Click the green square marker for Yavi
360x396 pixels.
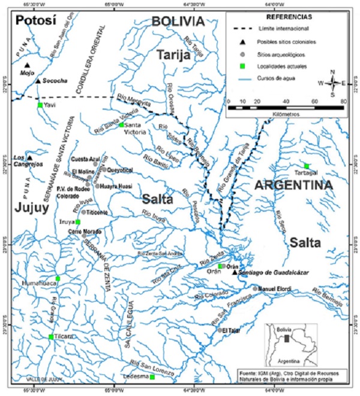click(x=40, y=105)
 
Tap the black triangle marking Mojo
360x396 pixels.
click(x=27, y=66)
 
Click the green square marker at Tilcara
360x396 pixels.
click(x=51, y=337)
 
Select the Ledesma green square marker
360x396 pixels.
click(x=152, y=377)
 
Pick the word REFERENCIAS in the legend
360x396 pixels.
click(x=286, y=19)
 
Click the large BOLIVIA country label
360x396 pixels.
click(x=178, y=21)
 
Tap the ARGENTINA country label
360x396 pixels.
click(x=293, y=186)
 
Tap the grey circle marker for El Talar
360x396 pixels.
click(x=220, y=329)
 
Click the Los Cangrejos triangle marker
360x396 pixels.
click(x=29, y=158)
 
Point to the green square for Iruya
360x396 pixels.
click(x=77, y=222)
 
